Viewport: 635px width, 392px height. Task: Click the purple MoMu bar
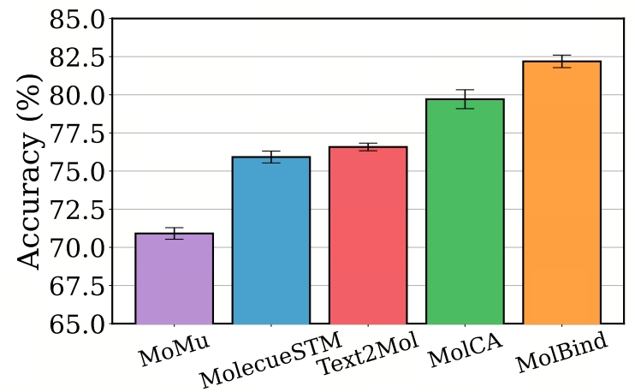(175, 278)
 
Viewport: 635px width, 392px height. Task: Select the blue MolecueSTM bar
(271, 241)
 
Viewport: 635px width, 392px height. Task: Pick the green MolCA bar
(465, 211)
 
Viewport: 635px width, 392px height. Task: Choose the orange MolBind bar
(561, 193)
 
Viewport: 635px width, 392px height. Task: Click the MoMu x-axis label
(175, 351)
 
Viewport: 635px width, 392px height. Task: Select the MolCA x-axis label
(466, 350)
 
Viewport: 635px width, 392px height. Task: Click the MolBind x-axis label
(562, 353)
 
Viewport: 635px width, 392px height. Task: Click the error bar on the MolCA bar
(465, 99)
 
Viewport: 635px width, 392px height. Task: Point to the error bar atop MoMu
(175, 233)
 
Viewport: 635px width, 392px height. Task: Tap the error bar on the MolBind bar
(561, 61)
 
